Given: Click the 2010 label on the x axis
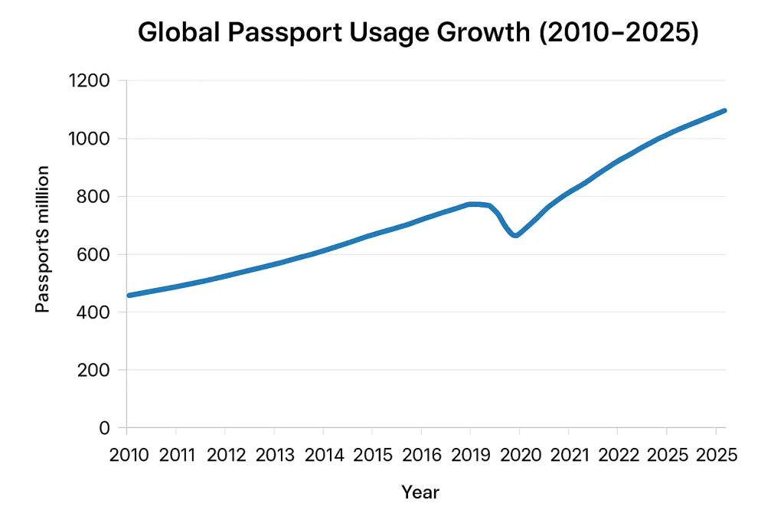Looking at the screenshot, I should tap(129, 455).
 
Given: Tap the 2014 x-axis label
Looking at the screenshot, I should tap(324, 455).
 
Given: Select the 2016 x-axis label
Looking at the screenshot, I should tap(422, 455).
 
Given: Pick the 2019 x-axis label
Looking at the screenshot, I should tap(471, 455).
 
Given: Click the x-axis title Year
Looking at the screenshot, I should tap(420, 492).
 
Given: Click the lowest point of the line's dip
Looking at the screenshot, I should tap(515, 235).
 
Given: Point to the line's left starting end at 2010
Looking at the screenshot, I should tap(128, 295).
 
